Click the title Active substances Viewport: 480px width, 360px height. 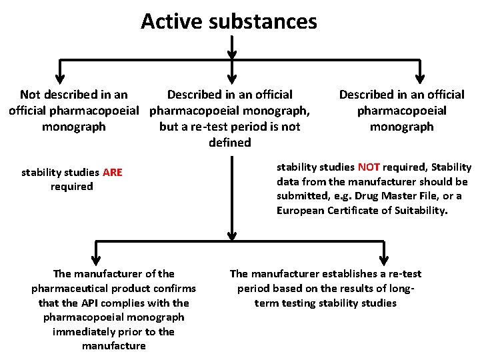pos(229,21)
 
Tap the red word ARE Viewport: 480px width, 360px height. pos(113,173)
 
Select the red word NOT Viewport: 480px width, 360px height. pos(369,167)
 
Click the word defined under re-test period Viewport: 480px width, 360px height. pos(230,142)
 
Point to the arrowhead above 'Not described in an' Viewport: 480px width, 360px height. pos(60,72)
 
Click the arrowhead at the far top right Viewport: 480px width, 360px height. pos(420,72)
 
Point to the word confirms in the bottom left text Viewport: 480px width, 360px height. pos(175,288)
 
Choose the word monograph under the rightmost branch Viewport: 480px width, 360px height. pos(401,127)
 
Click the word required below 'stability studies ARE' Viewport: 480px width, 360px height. pos(72,187)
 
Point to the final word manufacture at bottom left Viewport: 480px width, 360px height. pos(113,345)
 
